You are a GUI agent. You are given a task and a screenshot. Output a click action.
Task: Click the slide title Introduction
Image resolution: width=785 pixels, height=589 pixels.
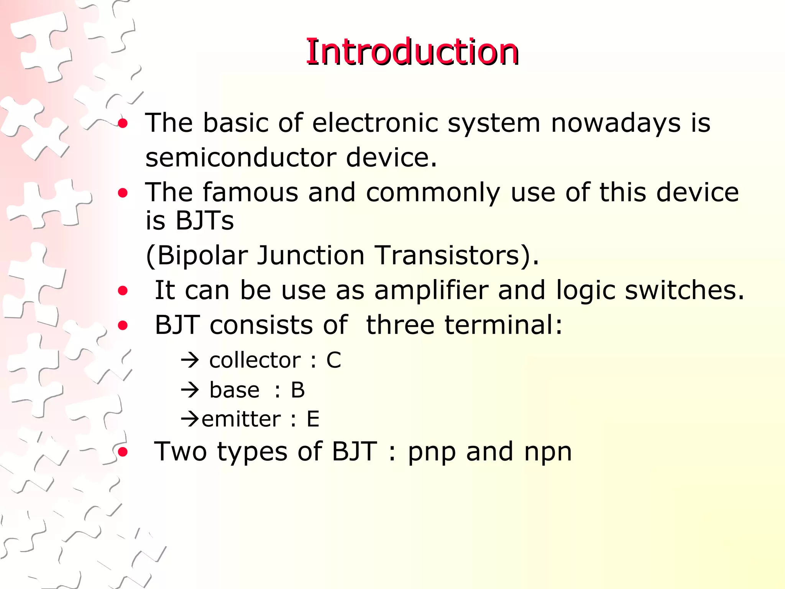[x=412, y=53]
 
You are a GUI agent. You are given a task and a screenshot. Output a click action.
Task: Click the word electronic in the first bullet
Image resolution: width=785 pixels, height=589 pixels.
[x=375, y=123]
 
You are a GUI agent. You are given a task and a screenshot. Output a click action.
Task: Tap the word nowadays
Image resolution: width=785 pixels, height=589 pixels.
[x=616, y=123]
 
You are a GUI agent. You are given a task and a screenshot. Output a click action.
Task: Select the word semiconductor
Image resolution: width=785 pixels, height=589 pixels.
[x=241, y=158]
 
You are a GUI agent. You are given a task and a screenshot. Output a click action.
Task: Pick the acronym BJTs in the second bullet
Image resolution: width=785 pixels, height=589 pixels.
[x=205, y=220]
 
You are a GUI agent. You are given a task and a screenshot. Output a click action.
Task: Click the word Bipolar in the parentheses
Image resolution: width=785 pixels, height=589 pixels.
[x=197, y=255]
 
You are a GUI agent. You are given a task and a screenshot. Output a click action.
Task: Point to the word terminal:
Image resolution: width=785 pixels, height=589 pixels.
[x=464, y=325]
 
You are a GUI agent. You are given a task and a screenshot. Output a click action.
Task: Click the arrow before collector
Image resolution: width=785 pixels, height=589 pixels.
[x=190, y=360]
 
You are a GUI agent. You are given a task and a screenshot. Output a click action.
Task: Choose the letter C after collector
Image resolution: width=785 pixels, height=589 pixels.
[x=333, y=360]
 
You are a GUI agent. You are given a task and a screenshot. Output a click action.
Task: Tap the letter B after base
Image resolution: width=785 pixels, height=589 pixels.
[x=297, y=390]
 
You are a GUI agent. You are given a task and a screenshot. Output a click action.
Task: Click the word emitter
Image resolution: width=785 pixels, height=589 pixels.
[x=241, y=419]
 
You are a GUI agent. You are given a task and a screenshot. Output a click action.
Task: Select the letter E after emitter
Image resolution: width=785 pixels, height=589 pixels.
[x=313, y=419]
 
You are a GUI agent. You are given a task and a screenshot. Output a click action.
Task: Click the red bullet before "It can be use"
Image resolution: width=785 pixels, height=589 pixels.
[x=123, y=291]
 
